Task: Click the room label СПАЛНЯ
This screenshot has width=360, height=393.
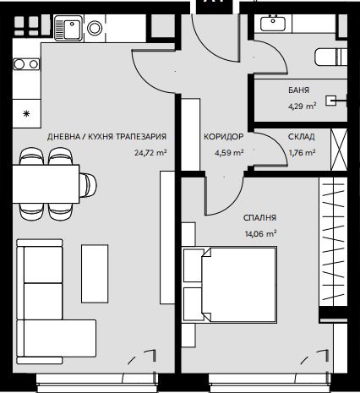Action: point(259,218)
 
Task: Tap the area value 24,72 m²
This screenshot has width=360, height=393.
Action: point(150,153)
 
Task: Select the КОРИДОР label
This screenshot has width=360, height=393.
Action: point(224,137)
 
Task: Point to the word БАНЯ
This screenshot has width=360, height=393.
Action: point(298,90)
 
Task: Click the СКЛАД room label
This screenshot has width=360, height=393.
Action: point(302,137)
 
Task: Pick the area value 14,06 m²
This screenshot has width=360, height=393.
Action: point(260,234)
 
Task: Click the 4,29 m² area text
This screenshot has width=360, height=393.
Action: point(302,106)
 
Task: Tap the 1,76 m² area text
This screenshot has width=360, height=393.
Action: point(302,153)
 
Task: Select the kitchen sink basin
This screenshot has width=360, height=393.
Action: point(73,29)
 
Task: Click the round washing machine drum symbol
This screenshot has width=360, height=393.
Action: point(95,28)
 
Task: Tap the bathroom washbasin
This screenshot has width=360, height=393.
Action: point(273,23)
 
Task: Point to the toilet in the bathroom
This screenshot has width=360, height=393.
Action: point(330,57)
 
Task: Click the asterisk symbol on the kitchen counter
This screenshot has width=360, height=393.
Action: point(26,114)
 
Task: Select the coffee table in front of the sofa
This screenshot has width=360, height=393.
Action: point(95,274)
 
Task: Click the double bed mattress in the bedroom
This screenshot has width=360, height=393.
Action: point(239,285)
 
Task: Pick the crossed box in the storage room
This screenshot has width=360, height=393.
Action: point(339,150)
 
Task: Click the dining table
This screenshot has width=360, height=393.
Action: point(46,184)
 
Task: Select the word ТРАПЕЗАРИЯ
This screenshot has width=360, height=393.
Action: point(141,137)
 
